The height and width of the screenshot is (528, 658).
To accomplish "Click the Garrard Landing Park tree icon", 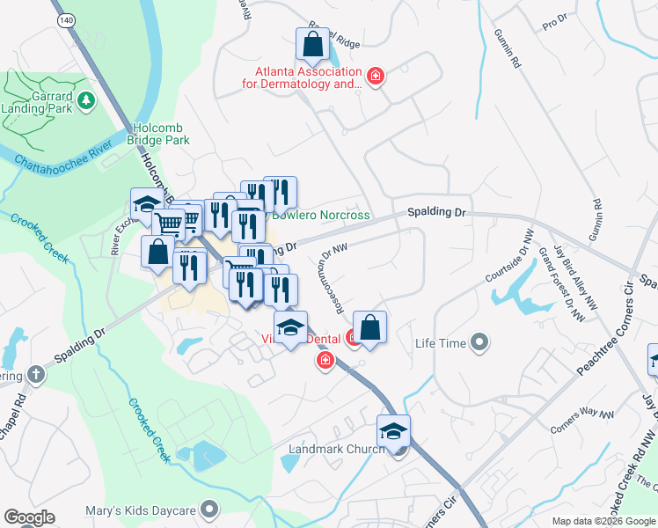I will click(x=86, y=100).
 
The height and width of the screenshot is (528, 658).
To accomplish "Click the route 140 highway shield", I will click(x=65, y=18).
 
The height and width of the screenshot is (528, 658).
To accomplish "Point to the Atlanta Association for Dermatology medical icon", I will click(x=376, y=77).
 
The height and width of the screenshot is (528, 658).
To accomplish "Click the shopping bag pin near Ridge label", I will click(x=312, y=43).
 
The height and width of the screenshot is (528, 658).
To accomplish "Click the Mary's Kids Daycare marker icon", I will click(x=210, y=509).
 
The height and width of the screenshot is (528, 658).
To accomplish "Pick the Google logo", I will click(x=29, y=517).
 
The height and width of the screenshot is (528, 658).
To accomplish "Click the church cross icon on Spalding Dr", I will click(x=34, y=375).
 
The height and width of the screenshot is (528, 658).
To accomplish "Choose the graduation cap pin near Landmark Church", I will click(x=393, y=431).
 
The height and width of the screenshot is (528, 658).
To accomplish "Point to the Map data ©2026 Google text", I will click(x=603, y=521).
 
